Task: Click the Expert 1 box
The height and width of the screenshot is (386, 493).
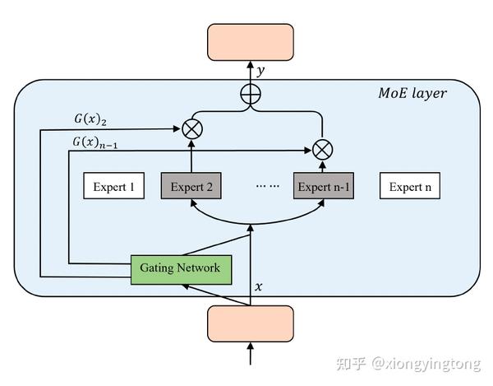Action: point(113,187)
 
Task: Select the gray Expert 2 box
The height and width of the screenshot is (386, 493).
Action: point(191,187)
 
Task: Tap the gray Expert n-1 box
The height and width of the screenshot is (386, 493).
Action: point(324,187)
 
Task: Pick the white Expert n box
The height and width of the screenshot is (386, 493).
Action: point(409,187)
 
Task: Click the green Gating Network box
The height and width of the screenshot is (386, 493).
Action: point(181,268)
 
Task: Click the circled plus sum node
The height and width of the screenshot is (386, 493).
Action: point(250,95)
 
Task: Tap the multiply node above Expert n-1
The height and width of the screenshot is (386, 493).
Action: point(323,150)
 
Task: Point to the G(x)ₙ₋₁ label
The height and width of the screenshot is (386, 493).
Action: point(98,142)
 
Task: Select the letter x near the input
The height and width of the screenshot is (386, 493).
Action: point(259,287)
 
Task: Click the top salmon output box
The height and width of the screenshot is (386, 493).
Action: point(250,40)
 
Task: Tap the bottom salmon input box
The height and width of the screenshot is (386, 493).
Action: point(250,322)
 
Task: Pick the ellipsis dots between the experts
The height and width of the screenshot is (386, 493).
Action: point(268,187)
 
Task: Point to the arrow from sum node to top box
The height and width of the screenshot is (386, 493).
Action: point(250,72)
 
